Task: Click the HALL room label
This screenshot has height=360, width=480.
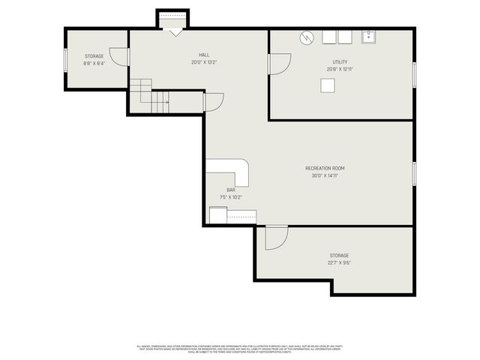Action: (x=204, y=55)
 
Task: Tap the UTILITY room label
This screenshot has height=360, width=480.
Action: (x=340, y=61)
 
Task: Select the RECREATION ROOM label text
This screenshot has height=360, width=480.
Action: (x=325, y=168)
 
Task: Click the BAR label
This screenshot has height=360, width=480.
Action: (x=231, y=190)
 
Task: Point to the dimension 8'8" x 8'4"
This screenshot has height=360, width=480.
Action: (x=94, y=64)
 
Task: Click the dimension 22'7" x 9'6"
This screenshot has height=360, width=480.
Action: (x=339, y=263)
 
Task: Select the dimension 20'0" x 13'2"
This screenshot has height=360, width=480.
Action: (x=204, y=62)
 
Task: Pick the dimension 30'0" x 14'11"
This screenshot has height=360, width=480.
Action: (x=325, y=175)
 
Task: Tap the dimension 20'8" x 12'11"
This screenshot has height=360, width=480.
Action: (x=340, y=69)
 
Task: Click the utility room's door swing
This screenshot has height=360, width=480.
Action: (x=278, y=64)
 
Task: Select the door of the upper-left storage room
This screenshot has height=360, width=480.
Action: (x=119, y=56)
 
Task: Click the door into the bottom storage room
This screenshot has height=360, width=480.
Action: (x=276, y=236)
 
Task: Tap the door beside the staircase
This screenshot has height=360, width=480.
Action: (x=213, y=101)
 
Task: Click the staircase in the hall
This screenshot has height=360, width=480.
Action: (x=148, y=97)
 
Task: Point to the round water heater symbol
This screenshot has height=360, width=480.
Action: (x=306, y=37)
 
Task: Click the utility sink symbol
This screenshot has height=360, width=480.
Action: (x=368, y=36)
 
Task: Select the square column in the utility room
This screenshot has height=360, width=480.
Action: (x=328, y=85)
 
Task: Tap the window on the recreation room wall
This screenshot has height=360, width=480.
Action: (x=413, y=172)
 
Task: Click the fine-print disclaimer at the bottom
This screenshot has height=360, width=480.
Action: (x=239, y=348)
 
